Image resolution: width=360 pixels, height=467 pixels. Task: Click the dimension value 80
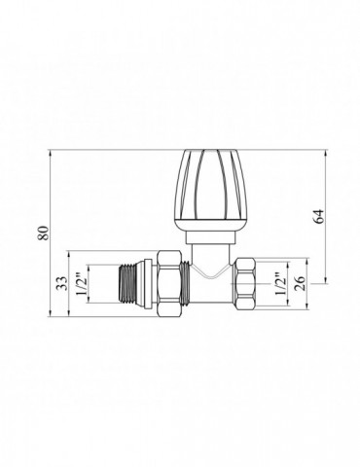(44, 233)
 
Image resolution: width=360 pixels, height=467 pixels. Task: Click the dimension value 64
(319, 216)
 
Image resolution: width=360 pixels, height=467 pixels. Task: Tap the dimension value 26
(301, 283)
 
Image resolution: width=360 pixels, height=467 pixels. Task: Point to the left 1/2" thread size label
(81, 284)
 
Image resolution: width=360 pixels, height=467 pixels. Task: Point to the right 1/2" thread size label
(280, 283)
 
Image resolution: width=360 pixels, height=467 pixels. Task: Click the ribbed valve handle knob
(210, 191)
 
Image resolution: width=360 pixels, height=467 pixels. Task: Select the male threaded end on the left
(128, 284)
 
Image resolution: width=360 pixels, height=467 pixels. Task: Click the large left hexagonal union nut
(169, 283)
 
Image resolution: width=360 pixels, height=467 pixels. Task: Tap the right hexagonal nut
(247, 283)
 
